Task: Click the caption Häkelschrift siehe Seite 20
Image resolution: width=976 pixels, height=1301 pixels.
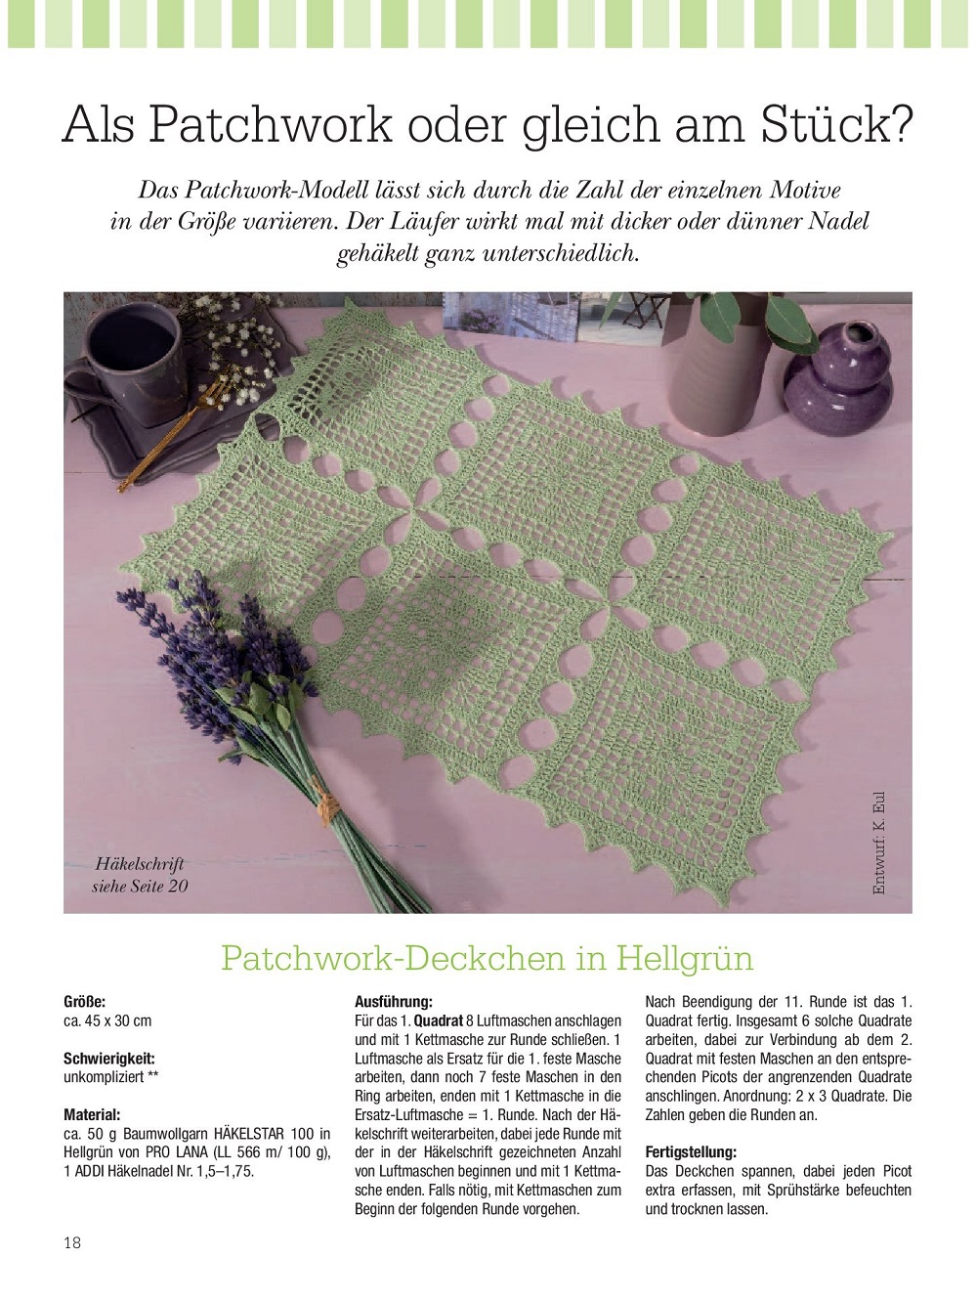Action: pos(140,875)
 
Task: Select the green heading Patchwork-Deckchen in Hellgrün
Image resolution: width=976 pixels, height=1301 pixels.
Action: pos(488,957)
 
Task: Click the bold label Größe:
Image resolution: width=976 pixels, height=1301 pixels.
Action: pos(84,1001)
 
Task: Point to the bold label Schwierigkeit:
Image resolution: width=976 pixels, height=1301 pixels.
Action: pos(109,1058)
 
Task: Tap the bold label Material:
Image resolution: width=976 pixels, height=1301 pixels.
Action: pos(92,1114)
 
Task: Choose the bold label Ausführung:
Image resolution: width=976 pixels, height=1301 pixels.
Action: pos(394,1001)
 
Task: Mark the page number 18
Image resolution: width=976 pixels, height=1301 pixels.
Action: pos(72,1243)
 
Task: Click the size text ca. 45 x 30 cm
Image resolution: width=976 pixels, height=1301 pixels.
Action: pos(107,1020)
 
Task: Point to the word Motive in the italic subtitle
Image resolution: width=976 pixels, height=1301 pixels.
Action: pos(806,190)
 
